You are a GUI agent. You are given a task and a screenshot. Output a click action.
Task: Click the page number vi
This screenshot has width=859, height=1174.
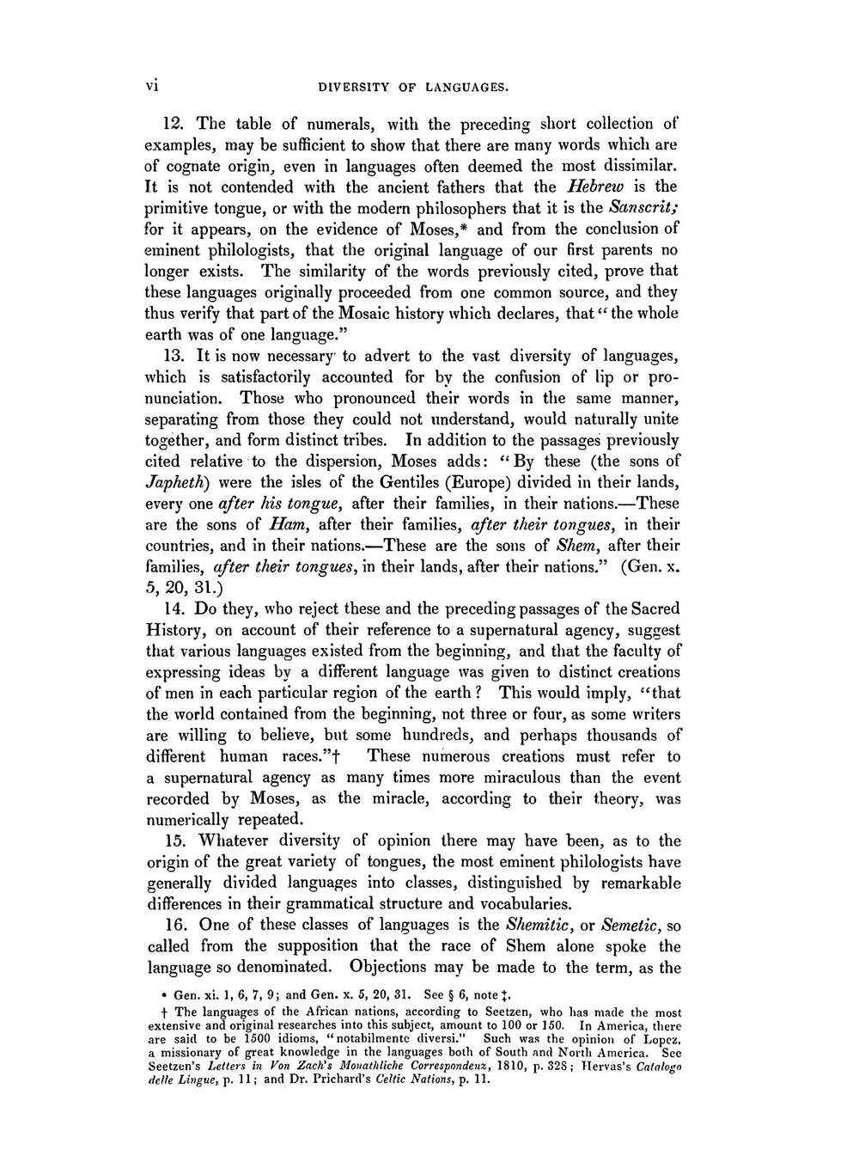(153, 85)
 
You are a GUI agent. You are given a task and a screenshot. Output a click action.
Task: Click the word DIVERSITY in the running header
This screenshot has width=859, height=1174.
(356, 87)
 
